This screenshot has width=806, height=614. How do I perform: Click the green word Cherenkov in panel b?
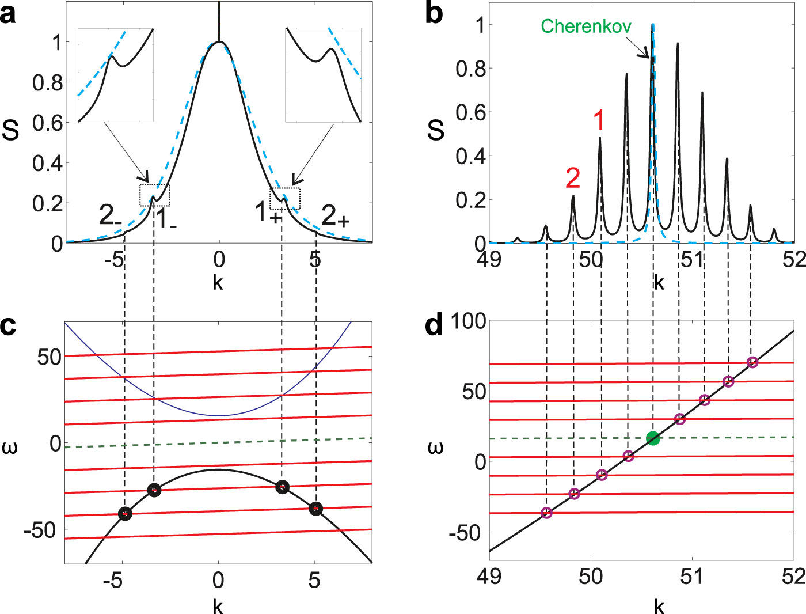pos(586,26)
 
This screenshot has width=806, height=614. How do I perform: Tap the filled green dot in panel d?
pos(652,438)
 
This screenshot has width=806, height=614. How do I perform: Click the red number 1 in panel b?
pos(599,120)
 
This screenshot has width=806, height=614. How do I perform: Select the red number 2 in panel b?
pos(573,178)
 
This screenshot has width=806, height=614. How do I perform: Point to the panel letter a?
pos(8,14)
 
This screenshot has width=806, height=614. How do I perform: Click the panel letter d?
pos(434,325)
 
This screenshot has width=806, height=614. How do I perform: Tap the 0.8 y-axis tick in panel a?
pos(47,83)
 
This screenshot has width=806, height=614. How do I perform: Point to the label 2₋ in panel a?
pos(110,215)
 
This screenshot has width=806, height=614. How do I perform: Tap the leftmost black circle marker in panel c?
pos(125,514)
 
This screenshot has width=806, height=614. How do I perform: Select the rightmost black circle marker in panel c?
pos(315,509)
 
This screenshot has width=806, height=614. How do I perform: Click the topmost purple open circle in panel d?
pos(752,362)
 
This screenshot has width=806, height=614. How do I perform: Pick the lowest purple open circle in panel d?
pos(546,513)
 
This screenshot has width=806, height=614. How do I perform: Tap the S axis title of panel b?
pos(436,131)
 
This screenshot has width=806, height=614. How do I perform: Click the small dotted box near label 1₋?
pos(155,195)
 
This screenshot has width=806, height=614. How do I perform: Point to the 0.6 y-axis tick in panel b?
pos(471,113)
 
